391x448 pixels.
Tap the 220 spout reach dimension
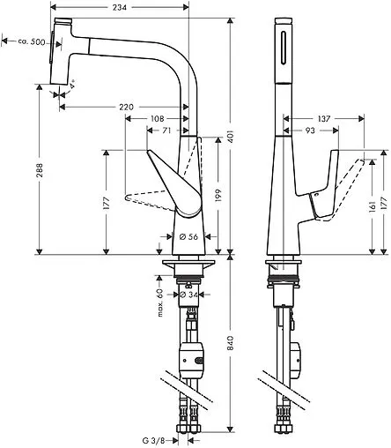pyautogui.click(x=126, y=107)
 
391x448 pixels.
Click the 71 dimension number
pyautogui.click(x=166, y=131)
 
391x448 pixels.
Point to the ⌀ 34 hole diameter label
pyautogui.click(x=188, y=295)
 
